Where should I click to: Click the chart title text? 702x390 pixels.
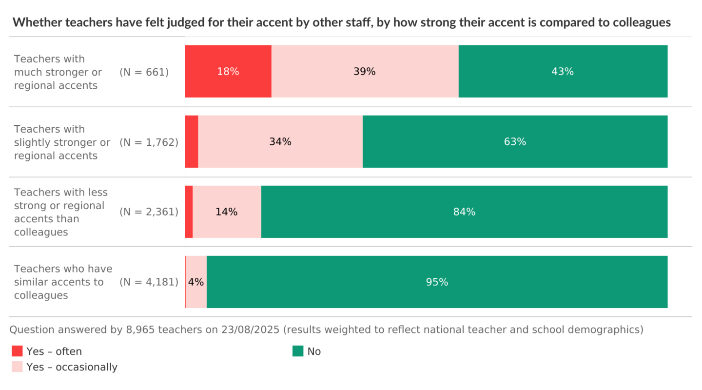[341, 22]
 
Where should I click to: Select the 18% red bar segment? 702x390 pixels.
[228, 72]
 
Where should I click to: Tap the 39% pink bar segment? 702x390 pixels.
[365, 72]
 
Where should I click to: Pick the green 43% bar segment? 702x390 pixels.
[563, 72]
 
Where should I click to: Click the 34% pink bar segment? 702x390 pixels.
[280, 142]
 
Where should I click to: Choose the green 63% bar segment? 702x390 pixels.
[515, 142]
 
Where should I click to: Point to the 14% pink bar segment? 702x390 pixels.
[227, 212]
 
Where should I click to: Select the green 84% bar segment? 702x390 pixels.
[464, 212]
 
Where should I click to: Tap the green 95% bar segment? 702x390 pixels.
[437, 282]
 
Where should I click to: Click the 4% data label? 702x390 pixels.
[196, 282]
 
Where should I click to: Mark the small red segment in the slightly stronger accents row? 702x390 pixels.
[192, 142]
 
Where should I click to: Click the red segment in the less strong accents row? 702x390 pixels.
[189, 212]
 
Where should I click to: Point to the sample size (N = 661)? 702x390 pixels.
[144, 72]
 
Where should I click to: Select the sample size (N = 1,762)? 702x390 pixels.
[149, 142]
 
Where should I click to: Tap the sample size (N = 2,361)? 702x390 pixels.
[149, 212]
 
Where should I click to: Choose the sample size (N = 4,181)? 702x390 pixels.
[149, 282]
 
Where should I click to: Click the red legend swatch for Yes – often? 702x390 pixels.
[17, 351]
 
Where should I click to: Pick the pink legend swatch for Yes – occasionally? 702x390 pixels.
[17, 367]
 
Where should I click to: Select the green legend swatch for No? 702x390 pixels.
[298, 351]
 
